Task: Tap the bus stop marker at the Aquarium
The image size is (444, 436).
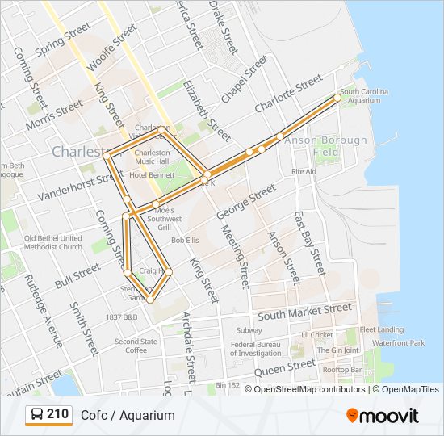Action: pyautogui.click(x=337, y=98)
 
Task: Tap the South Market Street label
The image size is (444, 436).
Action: pyautogui.click(x=304, y=311)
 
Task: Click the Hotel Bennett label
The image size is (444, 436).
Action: pyautogui.click(x=151, y=174)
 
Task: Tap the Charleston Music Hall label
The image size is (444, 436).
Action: pyautogui.click(x=152, y=157)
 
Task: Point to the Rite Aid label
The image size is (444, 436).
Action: pyautogui.click(x=304, y=172)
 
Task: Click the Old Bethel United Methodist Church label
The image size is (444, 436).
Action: pyautogui.click(x=53, y=242)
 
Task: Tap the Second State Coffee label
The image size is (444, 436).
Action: pyautogui.click(x=130, y=346)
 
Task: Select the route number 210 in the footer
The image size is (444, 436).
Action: pyautogui.click(x=57, y=414)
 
